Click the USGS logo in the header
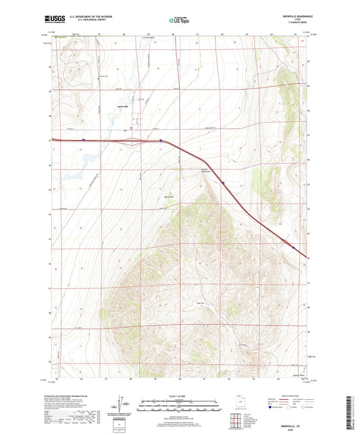[x=52, y=20]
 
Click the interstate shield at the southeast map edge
[x=292, y=247]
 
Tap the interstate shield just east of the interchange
[x=161, y=140]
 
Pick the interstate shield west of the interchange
[x=82, y=140]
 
